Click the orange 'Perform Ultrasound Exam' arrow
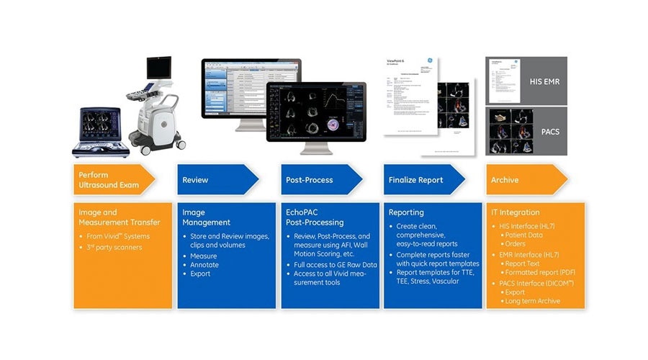[x=112, y=180]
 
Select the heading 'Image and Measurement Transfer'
[x=118, y=217]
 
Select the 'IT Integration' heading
[x=515, y=212]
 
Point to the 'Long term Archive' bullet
[x=534, y=301]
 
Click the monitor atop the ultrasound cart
[x=160, y=69]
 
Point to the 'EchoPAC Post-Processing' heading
[x=314, y=217]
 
